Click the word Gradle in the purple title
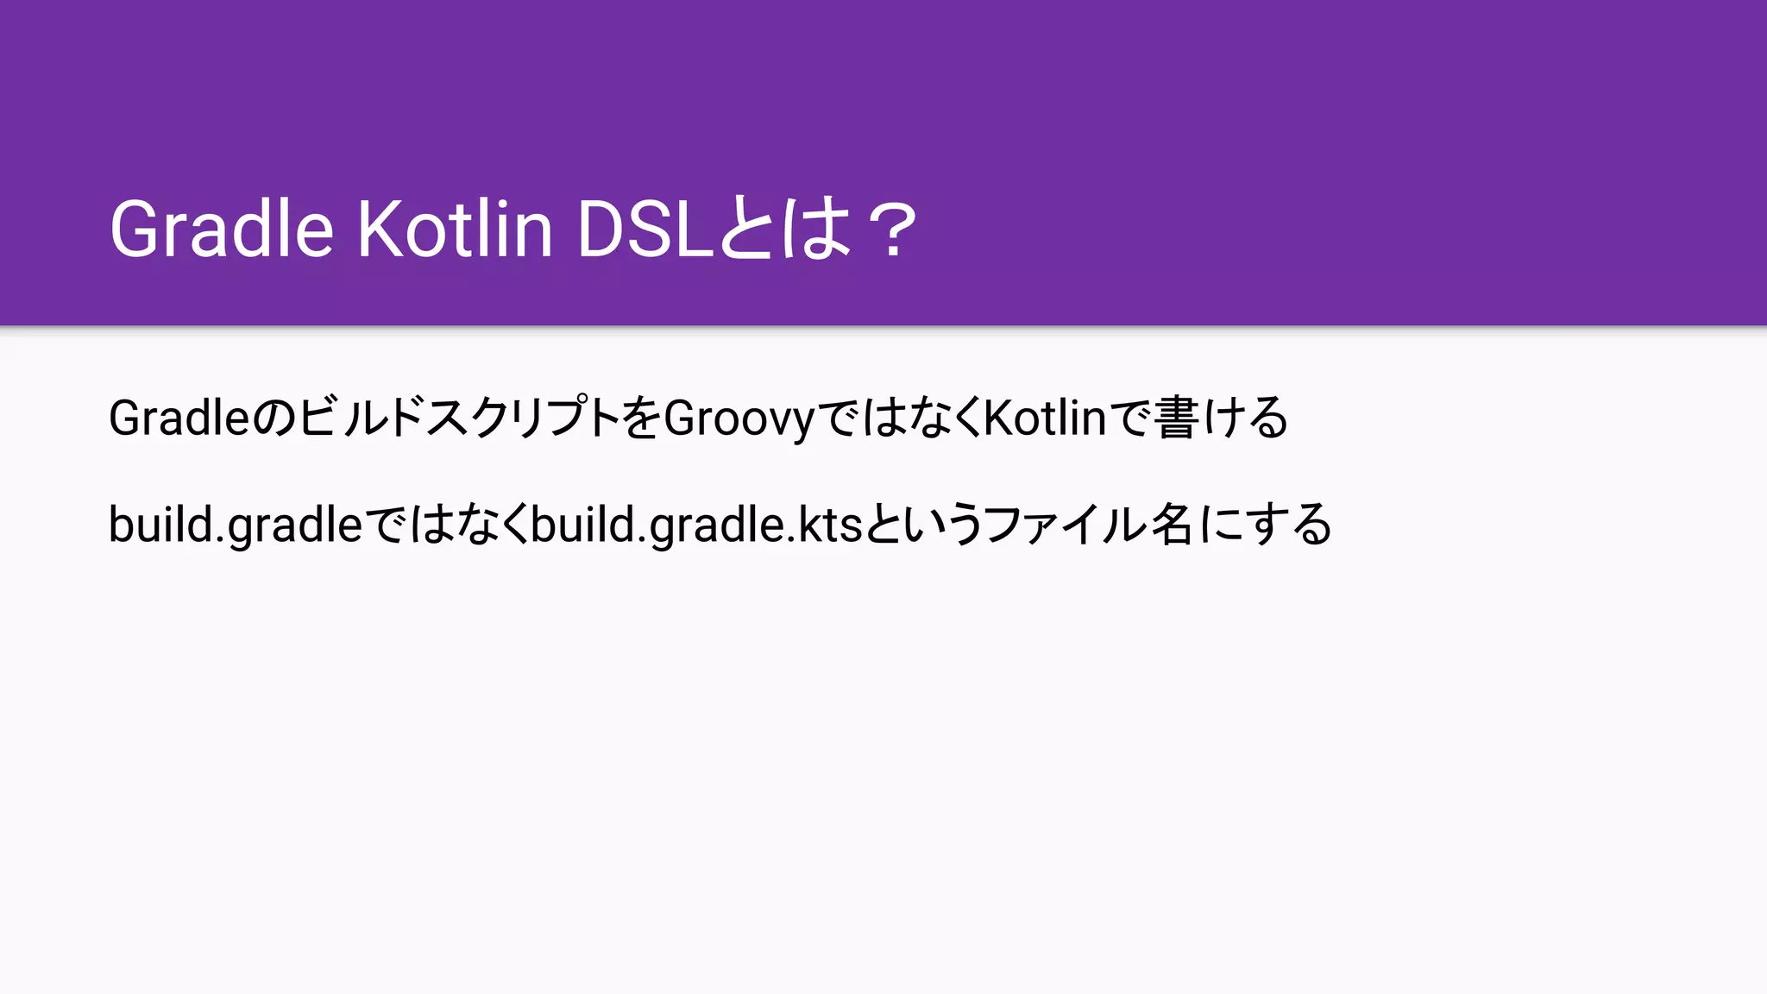click(x=221, y=230)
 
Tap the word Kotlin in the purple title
click(x=455, y=230)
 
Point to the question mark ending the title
click(x=892, y=230)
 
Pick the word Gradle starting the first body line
click(x=179, y=418)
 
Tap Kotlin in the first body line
click(x=1045, y=418)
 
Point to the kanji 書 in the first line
click(x=1176, y=418)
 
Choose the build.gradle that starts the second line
click(x=236, y=525)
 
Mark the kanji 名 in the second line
click(x=1172, y=525)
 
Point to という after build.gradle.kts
click(x=922, y=525)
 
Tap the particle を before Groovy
click(x=641, y=418)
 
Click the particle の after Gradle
click(x=274, y=418)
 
